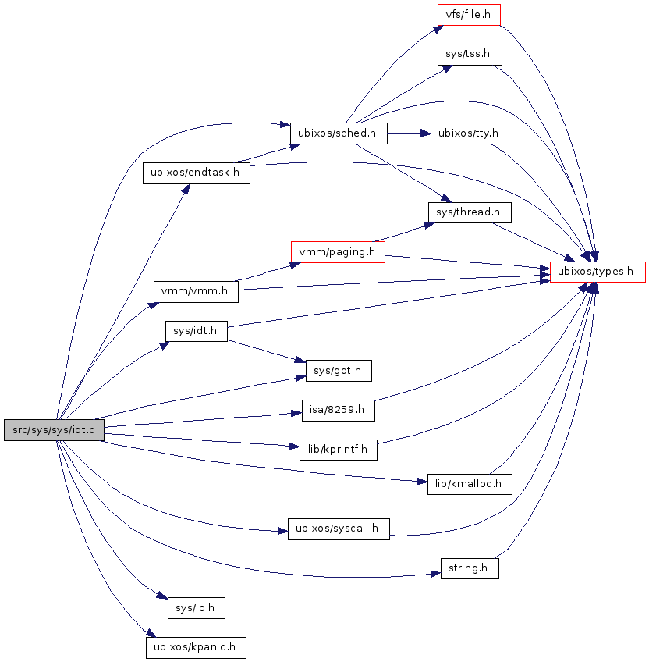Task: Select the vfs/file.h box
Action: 468,15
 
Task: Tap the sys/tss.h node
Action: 469,55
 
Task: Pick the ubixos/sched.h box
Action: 339,133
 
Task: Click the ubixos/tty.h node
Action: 470,133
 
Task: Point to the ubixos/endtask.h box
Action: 196,173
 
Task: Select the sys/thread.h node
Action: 469,212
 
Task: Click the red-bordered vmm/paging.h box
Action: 338,251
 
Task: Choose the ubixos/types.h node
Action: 598,272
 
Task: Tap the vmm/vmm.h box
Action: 195,291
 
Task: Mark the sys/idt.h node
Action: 196,331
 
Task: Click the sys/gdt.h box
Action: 338,370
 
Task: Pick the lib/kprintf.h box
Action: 339,449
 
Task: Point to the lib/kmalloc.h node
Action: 469,484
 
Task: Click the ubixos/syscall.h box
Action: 339,529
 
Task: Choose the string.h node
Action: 469,568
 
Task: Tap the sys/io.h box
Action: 196,607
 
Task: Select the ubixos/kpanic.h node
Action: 196,647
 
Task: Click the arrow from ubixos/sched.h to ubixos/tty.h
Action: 410,133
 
